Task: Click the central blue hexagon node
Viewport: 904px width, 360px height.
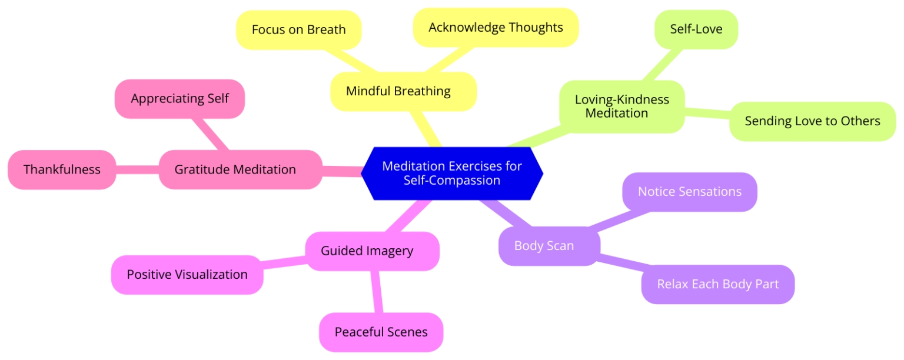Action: [x=451, y=173]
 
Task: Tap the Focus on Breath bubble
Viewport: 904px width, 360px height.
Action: [x=298, y=29]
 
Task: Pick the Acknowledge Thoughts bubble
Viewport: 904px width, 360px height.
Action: [x=496, y=27]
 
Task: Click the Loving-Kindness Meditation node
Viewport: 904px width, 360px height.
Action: [x=621, y=106]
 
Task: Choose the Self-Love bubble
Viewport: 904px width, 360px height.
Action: [x=696, y=29]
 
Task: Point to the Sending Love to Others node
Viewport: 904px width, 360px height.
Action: [x=812, y=121]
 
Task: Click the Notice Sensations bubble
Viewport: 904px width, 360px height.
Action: [x=689, y=192]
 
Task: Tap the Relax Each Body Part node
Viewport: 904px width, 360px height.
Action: [x=717, y=284]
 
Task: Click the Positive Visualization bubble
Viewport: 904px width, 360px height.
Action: [x=187, y=275]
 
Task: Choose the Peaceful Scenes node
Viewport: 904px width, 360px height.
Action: [x=381, y=332]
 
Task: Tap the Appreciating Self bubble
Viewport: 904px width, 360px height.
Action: [x=180, y=98]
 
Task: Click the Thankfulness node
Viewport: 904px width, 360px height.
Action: [x=62, y=169]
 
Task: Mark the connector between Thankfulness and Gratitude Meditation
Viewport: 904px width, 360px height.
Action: [x=137, y=169]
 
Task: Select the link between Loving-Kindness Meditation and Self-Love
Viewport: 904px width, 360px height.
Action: [x=662, y=65]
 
